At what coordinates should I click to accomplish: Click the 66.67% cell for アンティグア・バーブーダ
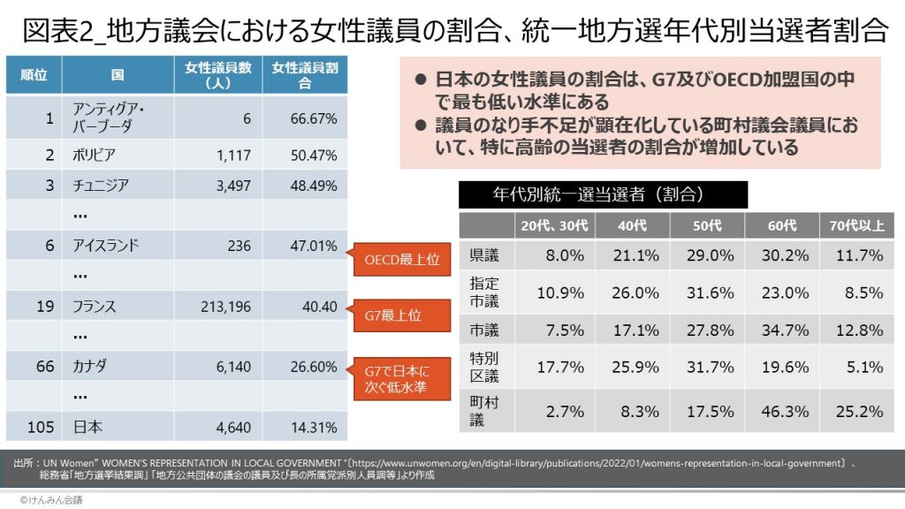(x=314, y=118)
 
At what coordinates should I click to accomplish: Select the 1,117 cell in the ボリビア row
(x=233, y=155)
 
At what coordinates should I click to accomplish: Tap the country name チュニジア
(x=102, y=185)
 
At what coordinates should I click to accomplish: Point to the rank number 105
(x=40, y=427)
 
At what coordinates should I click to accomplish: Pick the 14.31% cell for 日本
(x=314, y=427)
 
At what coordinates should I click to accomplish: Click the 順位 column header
(x=34, y=75)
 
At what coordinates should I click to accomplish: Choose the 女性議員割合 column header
(x=305, y=75)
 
